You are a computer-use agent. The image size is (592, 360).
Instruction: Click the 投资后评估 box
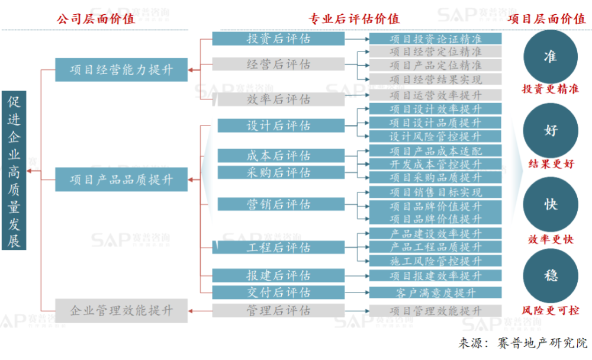point(278,38)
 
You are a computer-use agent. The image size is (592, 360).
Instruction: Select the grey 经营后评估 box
point(278,64)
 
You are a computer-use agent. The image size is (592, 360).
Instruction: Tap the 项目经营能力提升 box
point(121,69)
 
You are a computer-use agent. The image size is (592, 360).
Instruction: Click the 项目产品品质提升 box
point(121,179)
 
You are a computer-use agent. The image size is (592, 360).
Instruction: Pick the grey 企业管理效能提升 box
point(121,310)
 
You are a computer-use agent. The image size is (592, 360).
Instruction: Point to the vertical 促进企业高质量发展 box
point(14,171)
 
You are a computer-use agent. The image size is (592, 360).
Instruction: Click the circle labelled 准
point(551,57)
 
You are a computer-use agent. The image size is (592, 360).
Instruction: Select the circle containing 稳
point(551,275)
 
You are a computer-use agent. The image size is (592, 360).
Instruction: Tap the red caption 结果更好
point(551,163)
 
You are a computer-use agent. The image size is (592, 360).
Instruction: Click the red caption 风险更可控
point(551,310)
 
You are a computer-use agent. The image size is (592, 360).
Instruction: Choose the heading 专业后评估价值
point(354,18)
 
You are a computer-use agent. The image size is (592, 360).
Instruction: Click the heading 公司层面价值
point(96,18)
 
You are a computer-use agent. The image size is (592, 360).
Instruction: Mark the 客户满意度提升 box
point(435,292)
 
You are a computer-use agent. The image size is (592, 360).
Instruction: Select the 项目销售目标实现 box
point(435,192)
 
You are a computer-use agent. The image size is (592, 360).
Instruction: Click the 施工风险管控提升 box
point(435,261)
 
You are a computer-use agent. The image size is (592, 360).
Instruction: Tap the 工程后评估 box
point(278,247)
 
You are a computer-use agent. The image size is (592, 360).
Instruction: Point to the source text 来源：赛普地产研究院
point(523,343)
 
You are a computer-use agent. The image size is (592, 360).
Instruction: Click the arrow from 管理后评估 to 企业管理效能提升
point(200,311)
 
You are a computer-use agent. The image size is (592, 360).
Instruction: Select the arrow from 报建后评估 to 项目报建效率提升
point(357,276)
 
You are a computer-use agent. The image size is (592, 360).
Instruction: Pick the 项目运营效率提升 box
point(435,95)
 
